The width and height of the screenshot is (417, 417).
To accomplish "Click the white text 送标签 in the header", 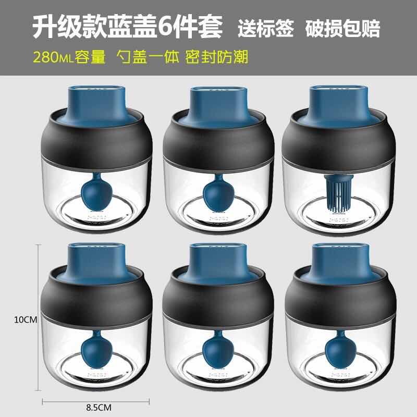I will tap(264, 27).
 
